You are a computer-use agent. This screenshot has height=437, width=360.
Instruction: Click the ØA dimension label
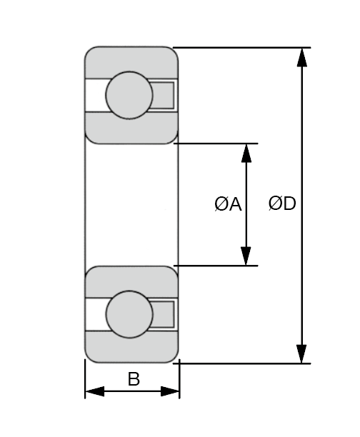(x=228, y=204)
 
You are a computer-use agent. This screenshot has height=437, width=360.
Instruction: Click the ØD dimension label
(x=282, y=204)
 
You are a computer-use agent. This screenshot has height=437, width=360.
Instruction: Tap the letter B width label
(x=134, y=379)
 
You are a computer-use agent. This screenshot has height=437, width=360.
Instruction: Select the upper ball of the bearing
(x=129, y=95)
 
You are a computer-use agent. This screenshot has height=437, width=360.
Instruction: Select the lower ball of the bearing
(x=129, y=314)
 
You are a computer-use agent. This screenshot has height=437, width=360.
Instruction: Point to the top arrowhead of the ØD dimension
(x=302, y=57)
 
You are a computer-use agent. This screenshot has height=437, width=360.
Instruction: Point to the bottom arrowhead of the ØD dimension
(x=301, y=354)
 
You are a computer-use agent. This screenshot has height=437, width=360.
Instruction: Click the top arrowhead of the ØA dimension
(x=246, y=153)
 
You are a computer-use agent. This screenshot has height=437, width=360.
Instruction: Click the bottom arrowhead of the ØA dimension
(x=246, y=256)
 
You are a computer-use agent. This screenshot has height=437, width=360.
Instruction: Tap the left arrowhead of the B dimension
(x=95, y=391)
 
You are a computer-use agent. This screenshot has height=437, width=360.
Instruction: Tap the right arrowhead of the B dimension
(x=170, y=391)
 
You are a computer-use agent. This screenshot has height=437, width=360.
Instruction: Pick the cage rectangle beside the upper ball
(x=163, y=95)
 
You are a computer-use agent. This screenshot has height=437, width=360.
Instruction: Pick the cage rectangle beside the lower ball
(x=164, y=314)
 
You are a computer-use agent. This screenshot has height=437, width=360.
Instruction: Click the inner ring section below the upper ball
(x=131, y=129)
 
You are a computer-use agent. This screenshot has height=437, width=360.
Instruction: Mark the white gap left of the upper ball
(x=96, y=95)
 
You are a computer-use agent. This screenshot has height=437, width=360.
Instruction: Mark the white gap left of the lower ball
(x=96, y=314)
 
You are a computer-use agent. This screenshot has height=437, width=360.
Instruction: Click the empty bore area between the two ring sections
(x=131, y=205)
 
